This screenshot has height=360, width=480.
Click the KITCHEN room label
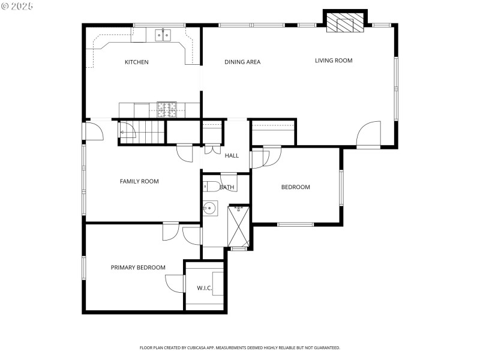click(x=136, y=62)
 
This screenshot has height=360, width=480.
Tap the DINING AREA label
click(x=242, y=62)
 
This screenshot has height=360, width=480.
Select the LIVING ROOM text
click(x=334, y=61)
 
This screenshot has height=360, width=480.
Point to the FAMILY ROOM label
click(x=139, y=181)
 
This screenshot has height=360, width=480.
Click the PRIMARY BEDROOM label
click(x=138, y=268)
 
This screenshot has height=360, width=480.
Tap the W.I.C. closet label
click(x=205, y=288)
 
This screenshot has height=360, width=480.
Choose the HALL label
click(x=232, y=156)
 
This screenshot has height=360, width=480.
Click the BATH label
click(x=227, y=187)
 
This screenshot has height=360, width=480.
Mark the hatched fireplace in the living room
click(x=344, y=23)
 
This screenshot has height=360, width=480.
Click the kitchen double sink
click(x=163, y=35)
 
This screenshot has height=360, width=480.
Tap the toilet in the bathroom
click(x=211, y=186)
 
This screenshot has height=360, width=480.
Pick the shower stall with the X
click(x=238, y=226)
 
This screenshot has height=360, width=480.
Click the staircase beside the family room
click(x=142, y=131)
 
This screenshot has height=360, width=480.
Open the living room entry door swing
click(x=369, y=134)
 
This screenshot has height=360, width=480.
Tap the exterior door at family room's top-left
click(x=94, y=131)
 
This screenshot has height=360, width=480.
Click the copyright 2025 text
click(x=17, y=5)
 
